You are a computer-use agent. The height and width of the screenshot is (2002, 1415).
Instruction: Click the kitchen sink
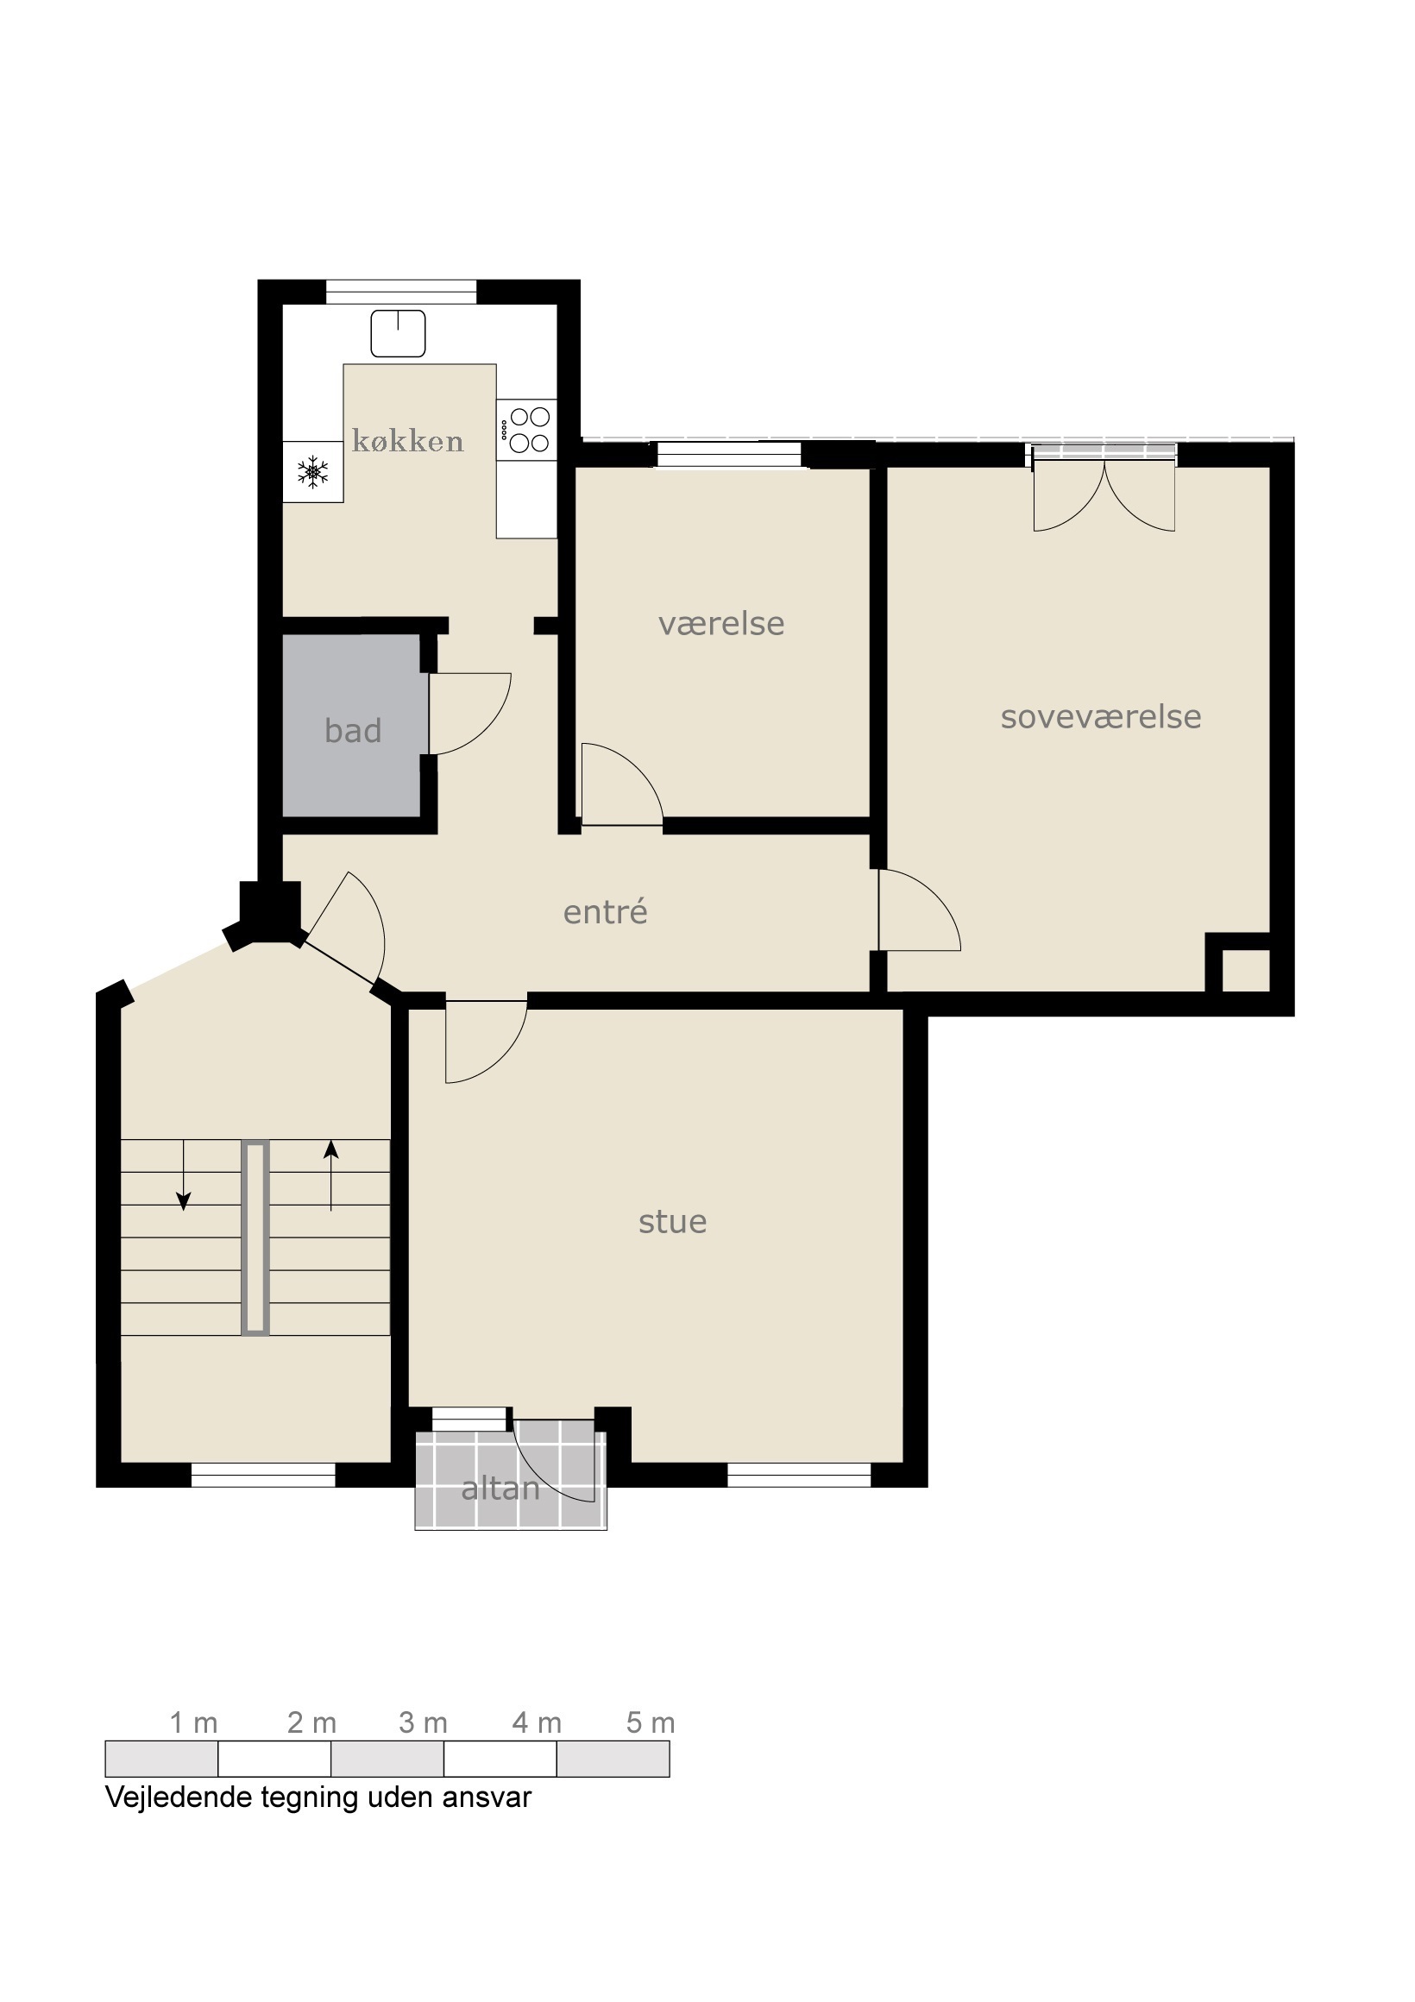pyautogui.click(x=399, y=333)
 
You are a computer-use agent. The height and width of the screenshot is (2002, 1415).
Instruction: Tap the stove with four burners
pyautogui.click(x=526, y=429)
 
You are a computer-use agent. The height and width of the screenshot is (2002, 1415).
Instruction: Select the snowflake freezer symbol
pyautogui.click(x=313, y=472)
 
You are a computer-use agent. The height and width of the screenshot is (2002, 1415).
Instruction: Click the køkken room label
pyautogui.click(x=407, y=441)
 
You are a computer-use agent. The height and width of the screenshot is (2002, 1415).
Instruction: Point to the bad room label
pyautogui.click(x=353, y=731)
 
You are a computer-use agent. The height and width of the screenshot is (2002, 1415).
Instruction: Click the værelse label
pyautogui.click(x=721, y=623)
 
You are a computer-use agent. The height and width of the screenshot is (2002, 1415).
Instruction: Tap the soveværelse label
pyautogui.click(x=1101, y=717)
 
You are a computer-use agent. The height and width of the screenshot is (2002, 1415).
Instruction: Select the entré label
pyautogui.click(x=605, y=911)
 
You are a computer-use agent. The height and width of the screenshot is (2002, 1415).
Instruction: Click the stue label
pyautogui.click(x=672, y=1222)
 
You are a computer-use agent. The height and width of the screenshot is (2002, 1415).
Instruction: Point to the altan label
pyautogui.click(x=500, y=1489)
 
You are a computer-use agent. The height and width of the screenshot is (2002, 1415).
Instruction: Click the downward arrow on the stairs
pyautogui.click(x=183, y=1174)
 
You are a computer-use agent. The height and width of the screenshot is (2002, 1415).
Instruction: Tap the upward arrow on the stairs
pyautogui.click(x=331, y=1175)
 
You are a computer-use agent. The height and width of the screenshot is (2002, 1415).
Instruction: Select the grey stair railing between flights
pyautogui.click(x=255, y=1238)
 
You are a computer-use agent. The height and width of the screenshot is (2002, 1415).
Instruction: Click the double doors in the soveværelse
pyautogui.click(x=1104, y=494)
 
